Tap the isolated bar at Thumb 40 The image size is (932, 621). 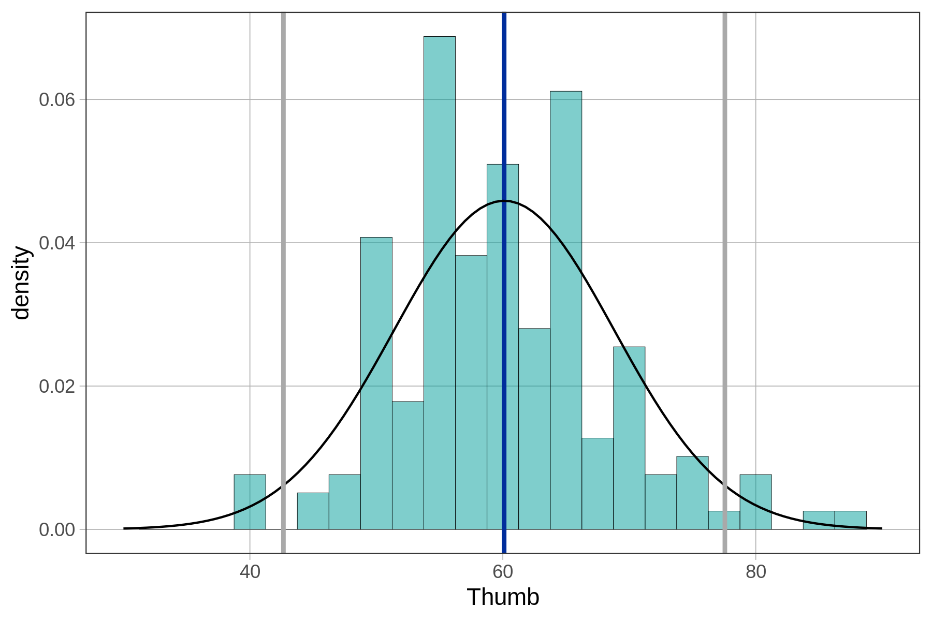point(250,502)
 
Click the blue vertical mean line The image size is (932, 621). point(504,103)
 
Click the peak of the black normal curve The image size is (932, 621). point(504,201)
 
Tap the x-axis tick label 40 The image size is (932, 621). point(250,573)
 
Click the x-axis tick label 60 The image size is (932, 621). point(503,573)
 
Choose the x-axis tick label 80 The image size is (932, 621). point(755,573)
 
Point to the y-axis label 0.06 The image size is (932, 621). point(57,99)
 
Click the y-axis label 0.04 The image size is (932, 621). point(57,243)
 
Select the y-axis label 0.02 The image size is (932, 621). point(57,386)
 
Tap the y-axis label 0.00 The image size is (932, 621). point(57,529)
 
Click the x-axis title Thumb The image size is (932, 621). point(503,597)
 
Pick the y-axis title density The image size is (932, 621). point(22,283)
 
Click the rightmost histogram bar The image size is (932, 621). point(850,520)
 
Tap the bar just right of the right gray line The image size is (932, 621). point(755,502)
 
